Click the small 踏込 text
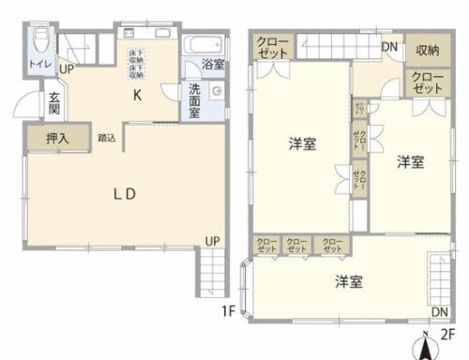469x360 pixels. click(x=107, y=138)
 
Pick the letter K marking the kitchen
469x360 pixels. click(x=136, y=94)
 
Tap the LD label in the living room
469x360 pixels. click(x=127, y=194)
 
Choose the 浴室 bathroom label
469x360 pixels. click(x=212, y=66)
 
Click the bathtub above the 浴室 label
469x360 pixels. click(x=202, y=44)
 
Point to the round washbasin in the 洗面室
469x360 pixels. click(x=217, y=91)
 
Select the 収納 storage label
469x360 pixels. click(x=428, y=48)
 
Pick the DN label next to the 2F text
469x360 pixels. click(x=439, y=311)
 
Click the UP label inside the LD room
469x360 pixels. click(x=213, y=241)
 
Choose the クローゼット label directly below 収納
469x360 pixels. click(x=428, y=82)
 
